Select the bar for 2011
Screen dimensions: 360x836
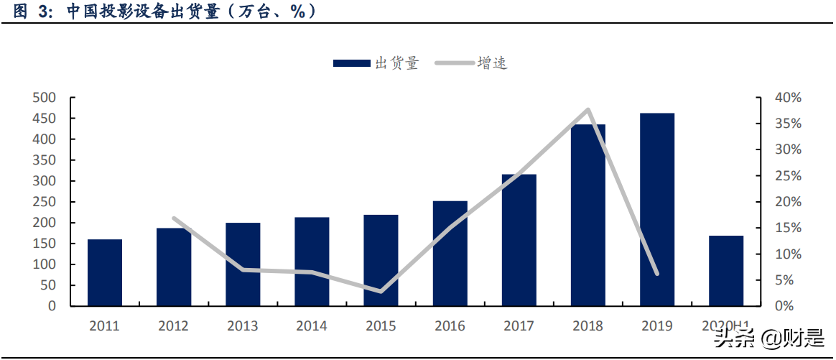[105, 272]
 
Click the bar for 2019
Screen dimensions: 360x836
[657, 209]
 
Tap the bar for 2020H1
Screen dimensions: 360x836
[726, 270]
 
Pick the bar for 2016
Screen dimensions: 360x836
[450, 253]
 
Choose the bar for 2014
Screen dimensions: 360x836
[312, 262]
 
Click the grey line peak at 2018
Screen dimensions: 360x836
[588, 110]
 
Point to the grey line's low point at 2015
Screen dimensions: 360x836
[381, 291]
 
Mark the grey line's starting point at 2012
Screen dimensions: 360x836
[174, 218]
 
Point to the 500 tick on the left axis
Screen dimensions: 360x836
[45, 98]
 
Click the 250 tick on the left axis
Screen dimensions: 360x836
[45, 202]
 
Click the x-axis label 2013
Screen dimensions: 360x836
[243, 326]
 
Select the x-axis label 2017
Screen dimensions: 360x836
[519, 326]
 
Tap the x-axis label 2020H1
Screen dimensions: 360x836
[726, 326]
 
